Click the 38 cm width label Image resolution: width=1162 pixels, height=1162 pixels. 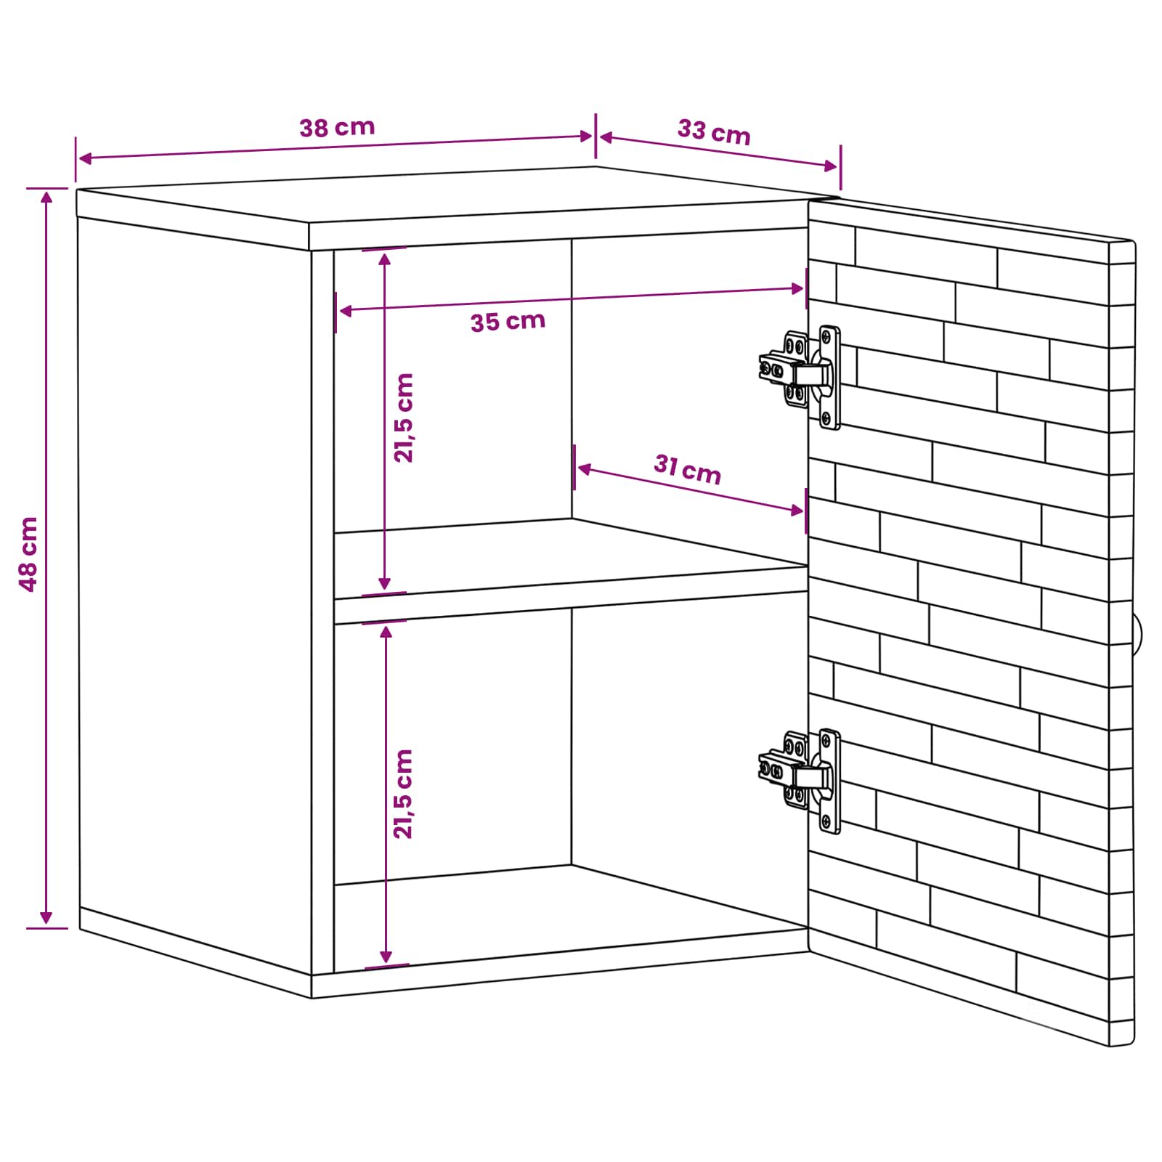pyautogui.click(x=338, y=128)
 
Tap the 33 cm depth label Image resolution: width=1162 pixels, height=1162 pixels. pyautogui.click(x=714, y=132)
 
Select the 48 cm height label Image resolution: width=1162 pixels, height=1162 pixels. pyautogui.click(x=28, y=554)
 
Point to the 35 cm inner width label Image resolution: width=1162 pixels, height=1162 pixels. pyautogui.click(x=508, y=321)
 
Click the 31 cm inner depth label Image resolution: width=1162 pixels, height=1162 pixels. pyautogui.click(x=687, y=469)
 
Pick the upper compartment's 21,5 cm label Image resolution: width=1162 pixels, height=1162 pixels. pyautogui.click(x=403, y=418)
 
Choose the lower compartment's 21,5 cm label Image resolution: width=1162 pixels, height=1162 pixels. pyautogui.click(x=403, y=794)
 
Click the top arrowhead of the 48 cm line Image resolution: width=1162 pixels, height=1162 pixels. pyautogui.click(x=46, y=196)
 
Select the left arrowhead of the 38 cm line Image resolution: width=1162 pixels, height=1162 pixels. pyautogui.click(x=84, y=158)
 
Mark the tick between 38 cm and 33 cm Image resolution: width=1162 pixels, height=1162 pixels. pyautogui.click(x=596, y=136)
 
